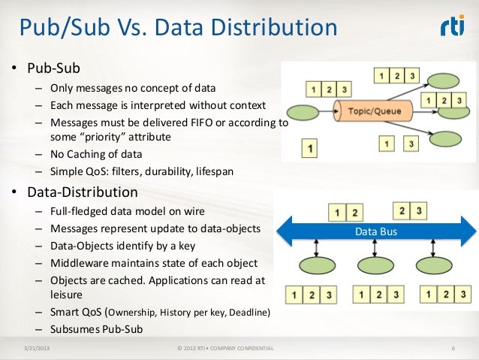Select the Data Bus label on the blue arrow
377,232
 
